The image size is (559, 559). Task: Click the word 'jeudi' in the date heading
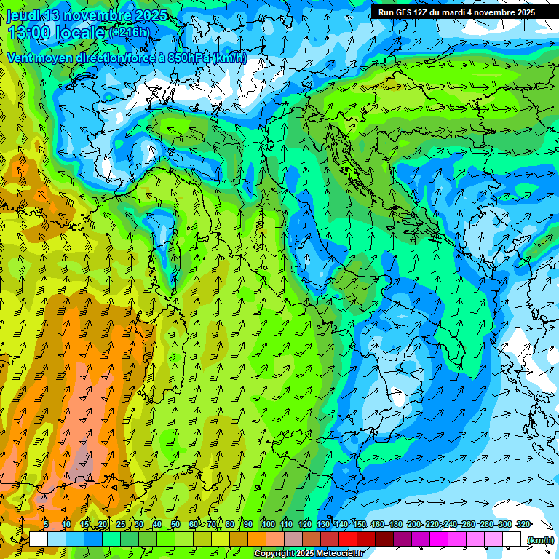click(x=23, y=15)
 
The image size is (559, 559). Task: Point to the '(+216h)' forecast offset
click(x=129, y=33)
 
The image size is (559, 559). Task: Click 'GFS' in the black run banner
click(x=404, y=12)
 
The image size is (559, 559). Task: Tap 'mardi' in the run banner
click(x=458, y=12)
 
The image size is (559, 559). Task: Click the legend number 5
click(x=46, y=524)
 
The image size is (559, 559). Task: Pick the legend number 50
click(x=175, y=524)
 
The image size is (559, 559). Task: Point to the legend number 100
click(x=268, y=524)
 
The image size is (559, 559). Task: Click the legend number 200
click(x=414, y=524)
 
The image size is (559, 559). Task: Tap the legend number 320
click(x=523, y=524)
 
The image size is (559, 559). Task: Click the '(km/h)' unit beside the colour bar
click(x=540, y=539)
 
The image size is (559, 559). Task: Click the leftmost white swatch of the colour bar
click(x=39, y=539)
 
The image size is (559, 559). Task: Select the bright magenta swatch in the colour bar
click(x=438, y=539)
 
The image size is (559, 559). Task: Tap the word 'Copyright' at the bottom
click(x=274, y=554)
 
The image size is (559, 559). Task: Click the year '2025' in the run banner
click(x=523, y=12)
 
